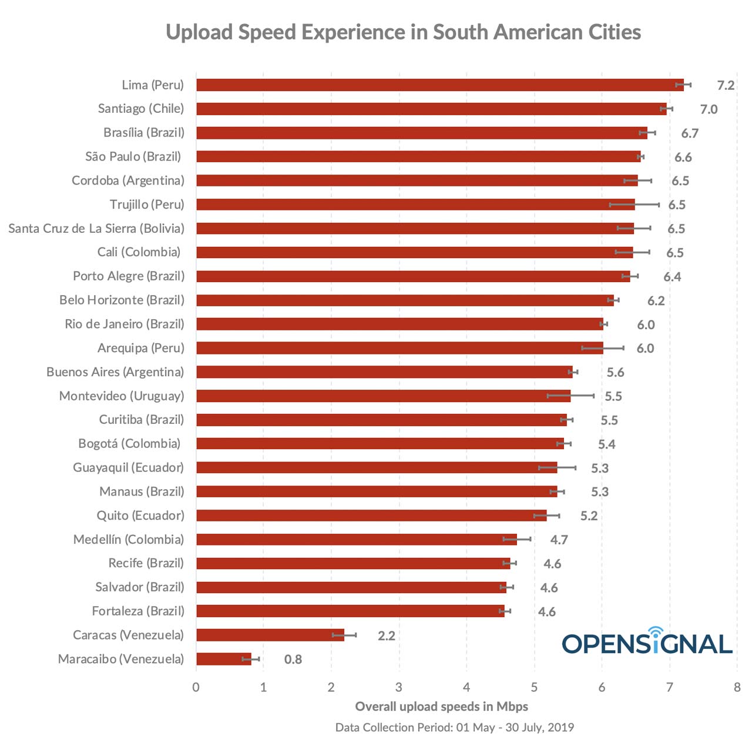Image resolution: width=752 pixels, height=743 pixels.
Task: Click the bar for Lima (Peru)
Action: [439, 85]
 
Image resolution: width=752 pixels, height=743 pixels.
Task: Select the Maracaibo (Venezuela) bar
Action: [224, 659]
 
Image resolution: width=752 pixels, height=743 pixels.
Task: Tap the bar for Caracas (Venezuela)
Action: [270, 635]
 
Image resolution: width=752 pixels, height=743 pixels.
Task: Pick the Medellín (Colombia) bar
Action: [356, 540]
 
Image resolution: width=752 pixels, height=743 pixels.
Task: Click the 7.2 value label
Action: [726, 85]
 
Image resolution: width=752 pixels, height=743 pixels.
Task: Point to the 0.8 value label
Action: [293, 660]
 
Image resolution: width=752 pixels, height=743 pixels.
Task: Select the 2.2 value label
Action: [386, 635]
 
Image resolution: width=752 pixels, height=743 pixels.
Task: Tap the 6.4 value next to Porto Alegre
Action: [672, 277]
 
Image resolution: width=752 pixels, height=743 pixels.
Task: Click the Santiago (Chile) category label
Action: [141, 109]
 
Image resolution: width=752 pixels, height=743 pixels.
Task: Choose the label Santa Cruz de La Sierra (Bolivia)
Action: [96, 229]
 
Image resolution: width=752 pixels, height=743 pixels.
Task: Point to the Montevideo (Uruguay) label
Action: [122, 396]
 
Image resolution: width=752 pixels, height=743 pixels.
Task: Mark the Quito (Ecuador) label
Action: [140, 516]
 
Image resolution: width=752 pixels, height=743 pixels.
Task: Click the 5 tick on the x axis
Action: [534, 687]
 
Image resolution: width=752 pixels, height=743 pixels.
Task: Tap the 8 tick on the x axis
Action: [737, 687]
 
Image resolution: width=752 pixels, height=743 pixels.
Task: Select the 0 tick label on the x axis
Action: [196, 687]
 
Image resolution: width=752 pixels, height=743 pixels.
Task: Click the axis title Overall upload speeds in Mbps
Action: [441, 707]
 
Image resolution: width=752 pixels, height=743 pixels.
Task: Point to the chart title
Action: [403, 32]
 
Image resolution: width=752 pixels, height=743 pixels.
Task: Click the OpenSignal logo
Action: [647, 641]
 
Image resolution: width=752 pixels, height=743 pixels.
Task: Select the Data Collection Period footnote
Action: [454, 728]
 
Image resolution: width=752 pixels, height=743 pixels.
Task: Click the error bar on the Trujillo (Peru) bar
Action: [634, 205]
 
